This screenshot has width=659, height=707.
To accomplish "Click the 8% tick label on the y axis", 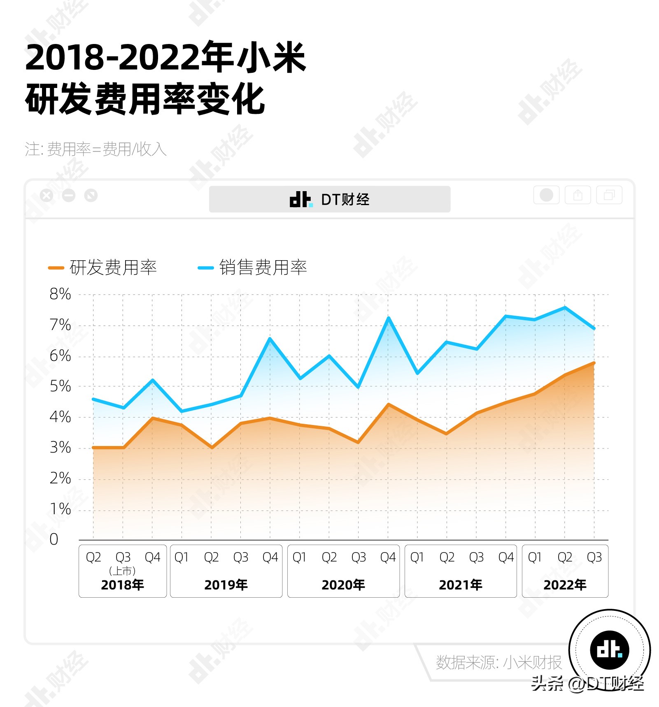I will pos(60,294).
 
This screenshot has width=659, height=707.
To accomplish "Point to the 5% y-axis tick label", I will pos(60,386).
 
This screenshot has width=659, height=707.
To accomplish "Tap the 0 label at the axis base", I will pos(54,539).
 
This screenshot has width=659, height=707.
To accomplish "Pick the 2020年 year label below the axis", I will pos(343,585).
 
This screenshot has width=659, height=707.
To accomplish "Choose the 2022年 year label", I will pos(565,585).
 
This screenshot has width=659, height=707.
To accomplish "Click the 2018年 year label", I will pos(123,585).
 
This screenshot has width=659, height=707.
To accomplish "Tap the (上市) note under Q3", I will pos(123,571).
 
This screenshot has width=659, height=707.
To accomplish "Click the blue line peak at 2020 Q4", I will pos(388,318).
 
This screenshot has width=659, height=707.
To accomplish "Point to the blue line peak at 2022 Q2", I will pos(565,307).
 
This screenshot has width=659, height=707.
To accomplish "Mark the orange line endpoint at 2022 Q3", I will pos(594,363).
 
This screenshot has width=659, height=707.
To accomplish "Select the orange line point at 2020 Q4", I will pos(388,404).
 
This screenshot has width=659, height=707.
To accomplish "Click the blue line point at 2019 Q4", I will pos(270,338).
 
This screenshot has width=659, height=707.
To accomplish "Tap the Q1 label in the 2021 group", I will pos(417,557).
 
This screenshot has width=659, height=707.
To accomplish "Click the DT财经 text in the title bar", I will pos(345,200).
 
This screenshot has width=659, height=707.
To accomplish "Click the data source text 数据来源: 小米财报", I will pos(498,663).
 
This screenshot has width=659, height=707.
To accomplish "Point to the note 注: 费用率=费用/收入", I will pos(95,149).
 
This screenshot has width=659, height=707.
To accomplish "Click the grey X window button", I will pos(47,195).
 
